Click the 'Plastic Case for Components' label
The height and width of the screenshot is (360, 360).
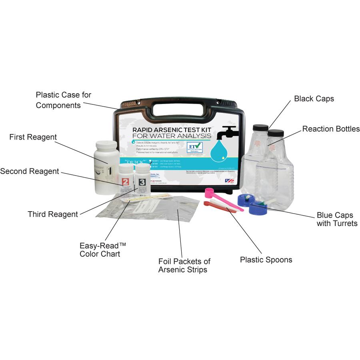tap(63, 100)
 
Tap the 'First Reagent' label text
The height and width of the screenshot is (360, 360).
tap(33, 137)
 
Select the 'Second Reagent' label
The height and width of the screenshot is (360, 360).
tap(30, 171)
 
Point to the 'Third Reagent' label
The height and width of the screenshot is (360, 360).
tap(53, 214)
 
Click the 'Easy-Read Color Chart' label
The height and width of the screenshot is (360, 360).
tap(100, 250)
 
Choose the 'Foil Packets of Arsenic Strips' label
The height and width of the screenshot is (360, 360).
tap(184, 265)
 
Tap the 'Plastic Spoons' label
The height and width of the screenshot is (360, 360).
tap(266, 260)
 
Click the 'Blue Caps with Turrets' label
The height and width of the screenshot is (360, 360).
tap(337, 219)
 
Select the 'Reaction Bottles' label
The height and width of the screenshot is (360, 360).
tap(331, 129)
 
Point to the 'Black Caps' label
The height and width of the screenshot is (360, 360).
tap(314, 98)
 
